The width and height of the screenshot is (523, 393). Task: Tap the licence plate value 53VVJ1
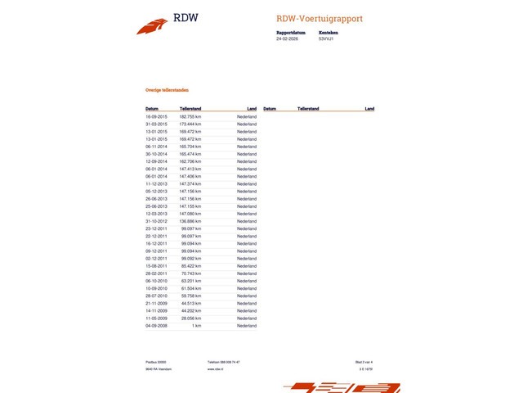(326, 38)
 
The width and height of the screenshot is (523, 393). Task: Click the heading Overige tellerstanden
(163, 90)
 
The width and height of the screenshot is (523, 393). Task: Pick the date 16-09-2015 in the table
(156, 117)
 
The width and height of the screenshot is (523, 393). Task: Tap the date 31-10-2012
(156, 221)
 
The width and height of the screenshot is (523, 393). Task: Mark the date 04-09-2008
(156, 325)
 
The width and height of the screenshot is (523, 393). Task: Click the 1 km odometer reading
(197, 325)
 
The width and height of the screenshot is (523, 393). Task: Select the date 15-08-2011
(156, 265)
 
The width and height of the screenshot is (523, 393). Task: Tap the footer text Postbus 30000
(155, 361)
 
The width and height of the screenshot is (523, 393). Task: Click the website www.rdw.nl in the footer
(216, 369)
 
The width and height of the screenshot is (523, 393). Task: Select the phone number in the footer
(224, 361)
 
